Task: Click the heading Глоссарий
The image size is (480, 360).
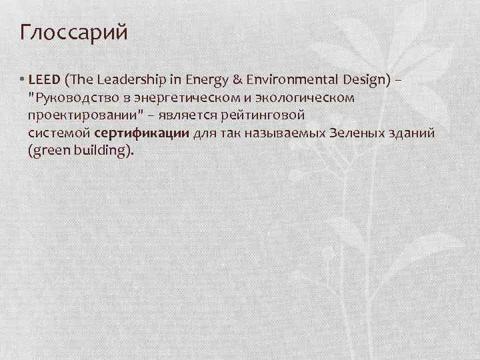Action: click(74, 33)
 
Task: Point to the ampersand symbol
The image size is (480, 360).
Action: click(236, 80)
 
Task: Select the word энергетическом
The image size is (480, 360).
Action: click(176, 98)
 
